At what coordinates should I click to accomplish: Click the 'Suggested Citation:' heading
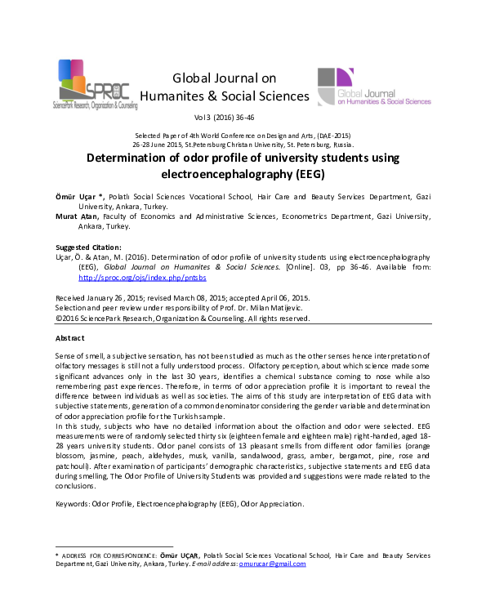88,247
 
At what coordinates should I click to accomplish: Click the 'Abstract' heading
69,337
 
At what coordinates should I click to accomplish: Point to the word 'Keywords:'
73,504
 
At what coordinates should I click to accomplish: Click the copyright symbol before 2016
57,318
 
